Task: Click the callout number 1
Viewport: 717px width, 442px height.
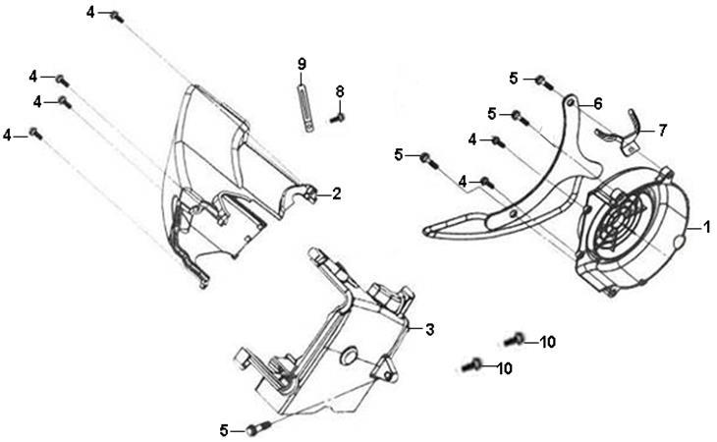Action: tap(707, 227)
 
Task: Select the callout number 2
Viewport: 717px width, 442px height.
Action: tap(337, 193)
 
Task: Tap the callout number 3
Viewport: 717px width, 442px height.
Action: tap(430, 329)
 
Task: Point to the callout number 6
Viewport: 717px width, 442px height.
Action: tap(598, 104)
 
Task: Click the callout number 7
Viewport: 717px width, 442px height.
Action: tap(663, 131)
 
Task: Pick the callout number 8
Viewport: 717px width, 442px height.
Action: tap(340, 92)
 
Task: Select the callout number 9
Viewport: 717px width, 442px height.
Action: tap(302, 64)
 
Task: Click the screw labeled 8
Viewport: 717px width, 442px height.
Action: tap(338, 119)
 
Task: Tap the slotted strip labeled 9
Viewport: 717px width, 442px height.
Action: tap(305, 108)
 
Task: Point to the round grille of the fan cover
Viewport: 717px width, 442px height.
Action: tap(618, 224)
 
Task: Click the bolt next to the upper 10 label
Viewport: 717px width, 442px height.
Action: tap(514, 340)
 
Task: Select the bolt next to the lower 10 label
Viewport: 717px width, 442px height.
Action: tap(471, 364)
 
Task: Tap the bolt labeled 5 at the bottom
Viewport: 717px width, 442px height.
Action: tap(257, 428)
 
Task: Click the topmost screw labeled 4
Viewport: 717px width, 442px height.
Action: tap(117, 17)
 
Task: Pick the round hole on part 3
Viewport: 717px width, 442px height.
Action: tap(350, 357)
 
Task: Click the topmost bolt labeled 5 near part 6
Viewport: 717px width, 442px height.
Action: tap(544, 83)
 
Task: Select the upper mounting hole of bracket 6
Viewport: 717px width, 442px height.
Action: tap(571, 103)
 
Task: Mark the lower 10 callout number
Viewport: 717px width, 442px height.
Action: tap(505, 368)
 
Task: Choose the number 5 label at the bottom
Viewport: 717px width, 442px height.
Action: tap(224, 430)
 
